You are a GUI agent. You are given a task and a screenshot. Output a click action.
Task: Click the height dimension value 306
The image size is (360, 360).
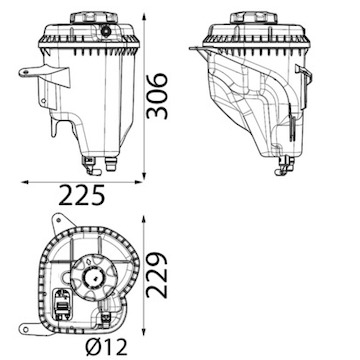point(157,96)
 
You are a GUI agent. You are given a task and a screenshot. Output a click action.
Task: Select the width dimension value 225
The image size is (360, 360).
point(82,195)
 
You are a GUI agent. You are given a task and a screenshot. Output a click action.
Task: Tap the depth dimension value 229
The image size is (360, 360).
point(157,275)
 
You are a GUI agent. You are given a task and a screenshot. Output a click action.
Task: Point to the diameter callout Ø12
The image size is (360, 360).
point(106,347)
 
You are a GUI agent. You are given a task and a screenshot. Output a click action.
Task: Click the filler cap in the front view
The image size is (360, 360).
point(94,17)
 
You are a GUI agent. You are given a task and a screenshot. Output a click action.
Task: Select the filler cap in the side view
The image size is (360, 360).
point(254,17)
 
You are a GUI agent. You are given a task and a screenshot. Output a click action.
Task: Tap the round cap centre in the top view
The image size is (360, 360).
point(93,277)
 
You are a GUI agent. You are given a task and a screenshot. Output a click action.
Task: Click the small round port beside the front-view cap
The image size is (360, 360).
point(106,32)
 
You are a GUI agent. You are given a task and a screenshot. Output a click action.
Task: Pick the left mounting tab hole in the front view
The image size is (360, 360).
point(25,72)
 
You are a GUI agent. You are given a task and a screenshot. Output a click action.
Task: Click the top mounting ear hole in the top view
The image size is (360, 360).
point(59,220)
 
